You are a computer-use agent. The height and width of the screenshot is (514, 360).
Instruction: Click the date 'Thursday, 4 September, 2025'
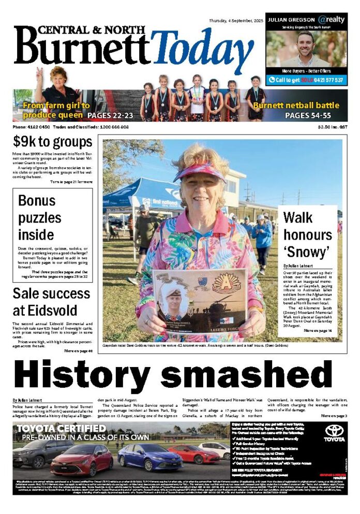click(x=236, y=21)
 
